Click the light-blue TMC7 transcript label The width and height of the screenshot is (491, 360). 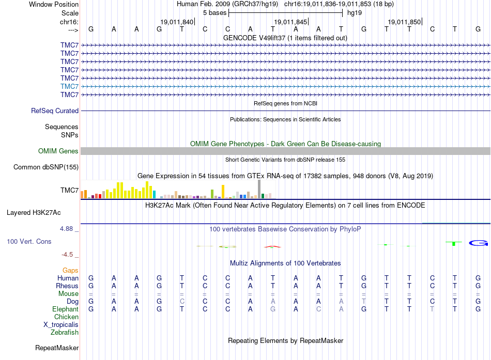[70, 86]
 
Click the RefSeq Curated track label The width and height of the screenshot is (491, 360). [55, 111]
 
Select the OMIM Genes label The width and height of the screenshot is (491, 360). [58, 151]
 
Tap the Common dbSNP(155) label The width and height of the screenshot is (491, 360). [46, 167]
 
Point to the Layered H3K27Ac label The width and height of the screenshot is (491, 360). [34, 213]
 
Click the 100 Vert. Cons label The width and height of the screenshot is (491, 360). [29, 241]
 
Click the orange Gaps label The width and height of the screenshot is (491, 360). [70, 270]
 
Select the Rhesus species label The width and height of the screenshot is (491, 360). [67, 286]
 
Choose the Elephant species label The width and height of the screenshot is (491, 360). [66, 309]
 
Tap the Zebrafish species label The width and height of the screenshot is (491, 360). [65, 333]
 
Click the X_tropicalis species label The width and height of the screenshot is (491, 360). [61, 325]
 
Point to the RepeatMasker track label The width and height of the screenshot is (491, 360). [57, 348]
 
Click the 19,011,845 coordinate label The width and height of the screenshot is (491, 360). [290, 22]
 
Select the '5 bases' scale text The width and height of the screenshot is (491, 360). [215, 13]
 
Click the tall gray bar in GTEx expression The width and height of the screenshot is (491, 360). [259, 189]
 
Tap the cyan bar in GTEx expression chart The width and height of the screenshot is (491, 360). [155, 194]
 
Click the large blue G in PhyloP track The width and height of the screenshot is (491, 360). [479, 243]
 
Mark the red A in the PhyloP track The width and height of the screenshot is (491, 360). [272, 247]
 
